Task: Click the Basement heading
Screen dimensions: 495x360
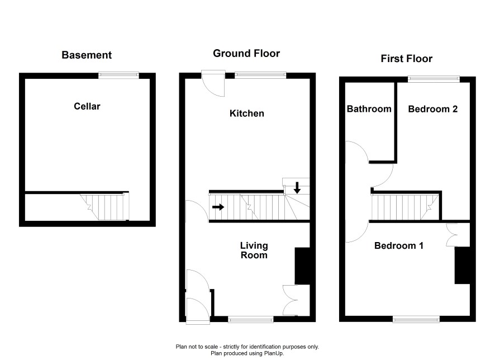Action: (87, 55)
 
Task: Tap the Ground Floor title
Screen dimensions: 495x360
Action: (246, 53)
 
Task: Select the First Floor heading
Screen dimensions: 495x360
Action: (407, 59)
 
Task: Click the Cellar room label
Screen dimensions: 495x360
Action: (87, 106)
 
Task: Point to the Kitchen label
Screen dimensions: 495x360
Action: (247, 113)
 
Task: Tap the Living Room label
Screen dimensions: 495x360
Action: (254, 250)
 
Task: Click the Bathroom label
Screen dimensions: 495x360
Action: (369, 109)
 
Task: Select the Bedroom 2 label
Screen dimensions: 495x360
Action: (433, 109)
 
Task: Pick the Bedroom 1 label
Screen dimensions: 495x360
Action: (399, 246)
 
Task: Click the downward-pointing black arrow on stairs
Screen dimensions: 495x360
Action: (297, 188)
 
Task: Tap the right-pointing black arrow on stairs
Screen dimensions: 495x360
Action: (218, 207)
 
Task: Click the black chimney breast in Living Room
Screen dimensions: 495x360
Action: (302, 266)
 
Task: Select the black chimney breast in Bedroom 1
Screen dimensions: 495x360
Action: (462, 266)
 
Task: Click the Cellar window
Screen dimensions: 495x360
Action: (118, 75)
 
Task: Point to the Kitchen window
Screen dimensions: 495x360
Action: (260, 75)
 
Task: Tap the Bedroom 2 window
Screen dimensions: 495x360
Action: (434, 79)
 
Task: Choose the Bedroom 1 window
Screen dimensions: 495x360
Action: (416, 319)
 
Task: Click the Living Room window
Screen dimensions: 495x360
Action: (251, 319)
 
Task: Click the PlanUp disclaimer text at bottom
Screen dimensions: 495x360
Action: (247, 350)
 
